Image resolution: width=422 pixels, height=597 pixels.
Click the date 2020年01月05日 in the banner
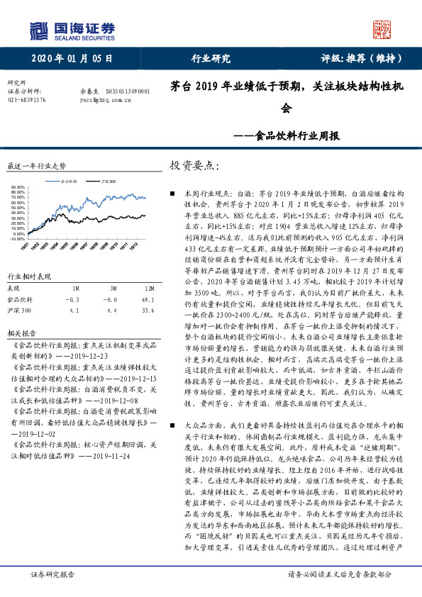click(71, 58)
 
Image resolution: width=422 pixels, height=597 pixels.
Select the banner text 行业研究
click(211, 58)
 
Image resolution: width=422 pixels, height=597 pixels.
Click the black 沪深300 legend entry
click(106, 182)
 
